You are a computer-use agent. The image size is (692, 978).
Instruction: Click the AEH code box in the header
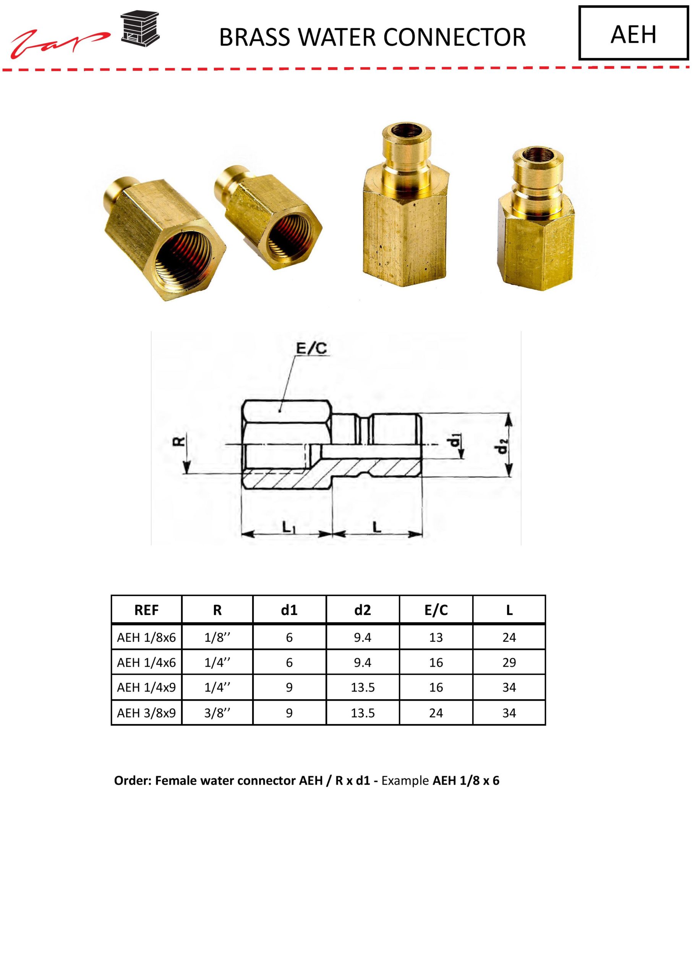point(633,33)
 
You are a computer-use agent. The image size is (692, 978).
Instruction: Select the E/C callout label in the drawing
point(311,348)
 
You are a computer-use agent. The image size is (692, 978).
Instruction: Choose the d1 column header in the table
point(289,610)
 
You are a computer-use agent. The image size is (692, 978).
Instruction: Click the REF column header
point(146,610)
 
